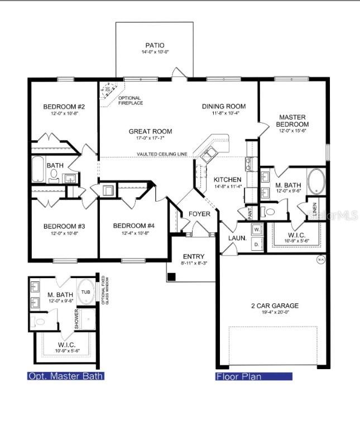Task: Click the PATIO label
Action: [x=155, y=45]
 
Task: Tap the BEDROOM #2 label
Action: [x=64, y=107]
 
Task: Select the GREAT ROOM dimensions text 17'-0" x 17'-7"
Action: [x=150, y=139]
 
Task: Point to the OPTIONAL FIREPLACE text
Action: [x=130, y=101]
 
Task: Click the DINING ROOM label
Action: [x=224, y=106]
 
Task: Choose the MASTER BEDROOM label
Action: [x=293, y=121]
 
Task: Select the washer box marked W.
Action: [x=257, y=229]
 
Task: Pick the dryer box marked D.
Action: [x=257, y=244]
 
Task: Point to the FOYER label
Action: [x=199, y=214]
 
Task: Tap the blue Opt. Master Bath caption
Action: [x=66, y=376]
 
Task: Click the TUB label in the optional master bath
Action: [x=85, y=292]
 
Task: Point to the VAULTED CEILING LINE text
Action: [x=161, y=154]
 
